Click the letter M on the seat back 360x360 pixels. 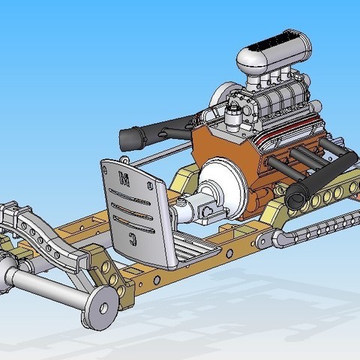[124, 179]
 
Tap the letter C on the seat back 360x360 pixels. [133, 238]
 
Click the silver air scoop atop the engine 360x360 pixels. [274, 55]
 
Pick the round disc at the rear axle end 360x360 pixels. [100, 308]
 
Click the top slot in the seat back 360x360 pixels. [130, 196]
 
